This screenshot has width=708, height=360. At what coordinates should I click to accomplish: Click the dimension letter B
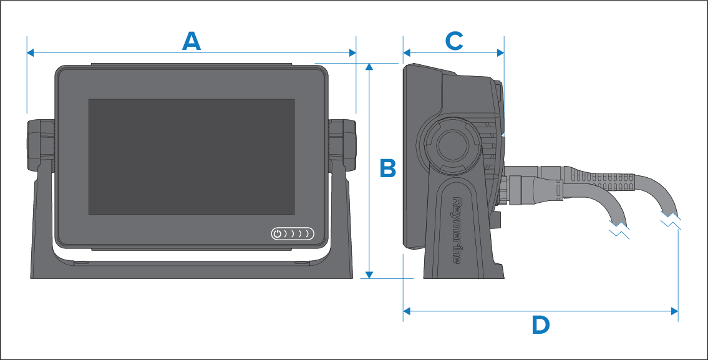click(388, 168)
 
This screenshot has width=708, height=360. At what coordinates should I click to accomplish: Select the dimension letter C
click(453, 41)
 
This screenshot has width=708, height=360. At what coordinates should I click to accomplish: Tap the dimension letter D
click(540, 324)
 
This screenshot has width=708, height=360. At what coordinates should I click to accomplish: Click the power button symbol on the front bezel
click(278, 235)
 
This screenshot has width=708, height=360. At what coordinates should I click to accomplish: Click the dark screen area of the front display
click(191, 156)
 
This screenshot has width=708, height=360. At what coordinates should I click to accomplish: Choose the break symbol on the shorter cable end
click(619, 230)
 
